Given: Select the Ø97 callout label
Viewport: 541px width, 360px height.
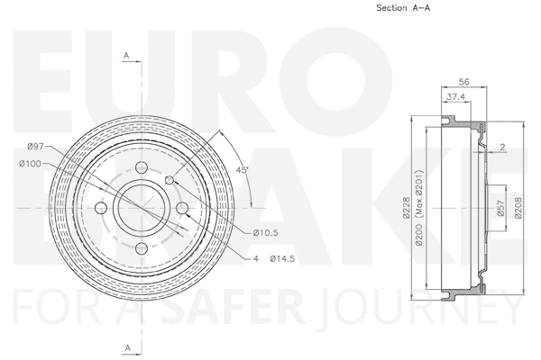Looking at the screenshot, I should tap(36, 146).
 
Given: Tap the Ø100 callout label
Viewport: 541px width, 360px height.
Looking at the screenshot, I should tap(31, 163).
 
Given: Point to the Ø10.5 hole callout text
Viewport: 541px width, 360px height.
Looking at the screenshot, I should tap(265, 233).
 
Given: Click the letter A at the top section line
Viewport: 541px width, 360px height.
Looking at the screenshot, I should tap(127, 56).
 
